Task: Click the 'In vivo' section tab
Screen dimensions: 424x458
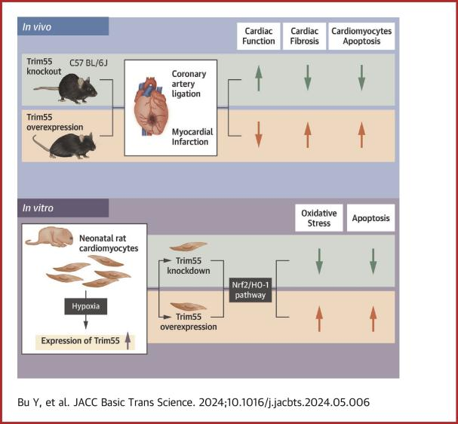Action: tap(63, 26)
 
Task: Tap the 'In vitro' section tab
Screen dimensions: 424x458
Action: tap(63, 207)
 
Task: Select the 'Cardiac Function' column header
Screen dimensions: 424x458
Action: tap(258, 36)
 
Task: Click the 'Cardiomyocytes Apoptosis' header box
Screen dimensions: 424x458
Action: tap(361, 36)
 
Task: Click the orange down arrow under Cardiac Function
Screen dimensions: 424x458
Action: tap(258, 134)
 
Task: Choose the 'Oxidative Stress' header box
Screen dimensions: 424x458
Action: tap(318, 217)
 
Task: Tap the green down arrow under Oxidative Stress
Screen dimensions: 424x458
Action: tap(318, 266)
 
